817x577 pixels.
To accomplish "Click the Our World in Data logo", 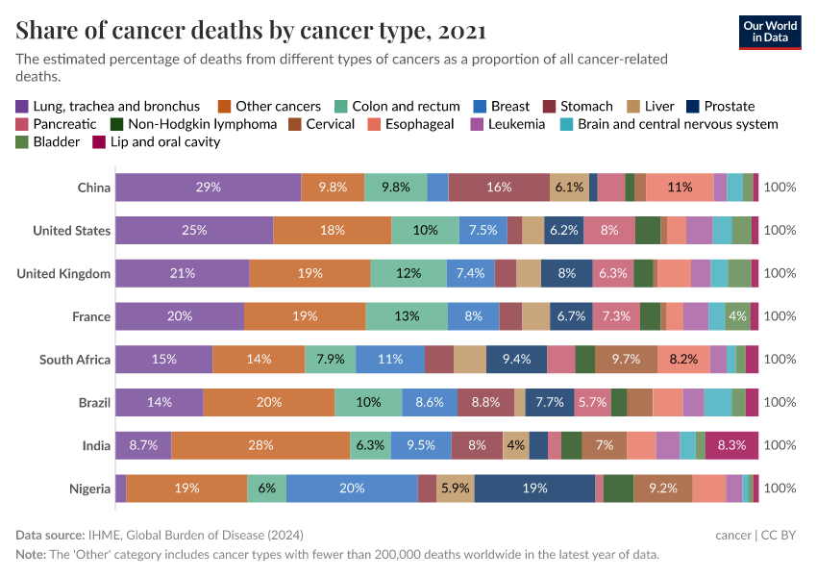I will tap(770, 31).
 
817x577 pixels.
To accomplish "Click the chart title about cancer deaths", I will tap(251, 31).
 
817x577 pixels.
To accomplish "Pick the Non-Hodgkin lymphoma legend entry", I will tap(193, 124).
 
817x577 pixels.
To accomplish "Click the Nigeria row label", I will tap(89, 489).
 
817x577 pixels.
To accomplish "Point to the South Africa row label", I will tap(75, 360).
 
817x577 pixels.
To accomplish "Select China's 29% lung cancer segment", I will tap(208, 188).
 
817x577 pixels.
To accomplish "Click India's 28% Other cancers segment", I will tap(260, 445).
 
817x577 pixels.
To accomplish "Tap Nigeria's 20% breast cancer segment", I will tap(352, 489).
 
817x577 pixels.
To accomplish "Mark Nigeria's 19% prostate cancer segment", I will tap(534, 489).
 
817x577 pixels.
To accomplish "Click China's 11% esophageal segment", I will tap(680, 188).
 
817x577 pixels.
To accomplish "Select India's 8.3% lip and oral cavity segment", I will tap(731, 445).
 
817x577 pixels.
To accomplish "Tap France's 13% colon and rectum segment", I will tap(407, 316).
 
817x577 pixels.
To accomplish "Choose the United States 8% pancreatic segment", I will tap(608, 231).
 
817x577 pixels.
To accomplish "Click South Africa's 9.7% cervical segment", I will tap(626, 360).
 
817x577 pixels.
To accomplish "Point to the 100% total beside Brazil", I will tap(780, 403).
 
